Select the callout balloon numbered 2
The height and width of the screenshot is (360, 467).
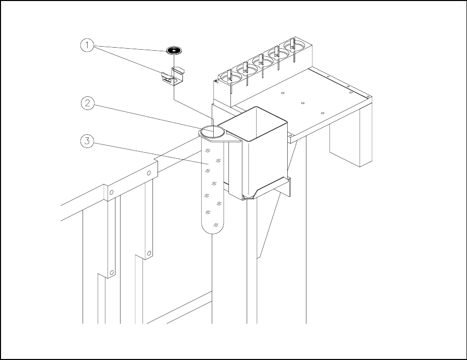(x=87, y=103)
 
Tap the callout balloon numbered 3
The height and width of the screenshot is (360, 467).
(x=87, y=141)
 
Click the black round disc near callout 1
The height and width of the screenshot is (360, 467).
(x=173, y=50)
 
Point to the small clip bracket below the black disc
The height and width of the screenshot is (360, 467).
(x=173, y=77)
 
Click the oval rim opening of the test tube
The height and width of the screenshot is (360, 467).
(x=213, y=131)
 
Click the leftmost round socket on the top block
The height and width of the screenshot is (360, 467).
(x=225, y=76)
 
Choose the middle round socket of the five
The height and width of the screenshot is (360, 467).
(x=259, y=62)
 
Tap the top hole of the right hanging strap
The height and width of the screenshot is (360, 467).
(x=149, y=173)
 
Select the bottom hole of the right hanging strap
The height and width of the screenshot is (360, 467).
(x=149, y=252)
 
